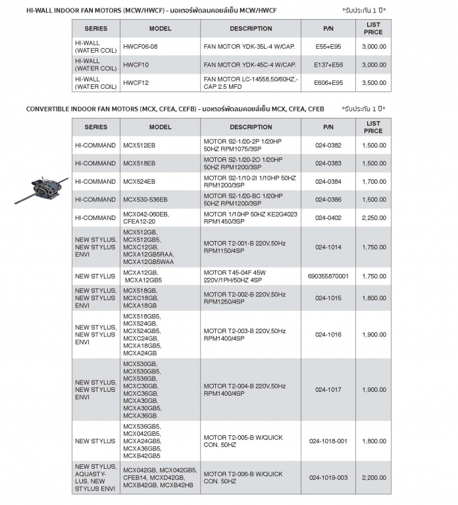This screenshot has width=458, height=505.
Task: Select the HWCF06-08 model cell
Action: (141, 47)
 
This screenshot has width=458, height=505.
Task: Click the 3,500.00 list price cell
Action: (373, 83)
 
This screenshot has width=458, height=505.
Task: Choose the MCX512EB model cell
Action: (139, 145)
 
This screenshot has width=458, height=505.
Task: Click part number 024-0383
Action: (328, 163)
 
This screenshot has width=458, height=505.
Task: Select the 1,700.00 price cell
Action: (373, 182)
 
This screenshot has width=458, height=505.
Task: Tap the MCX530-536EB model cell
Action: (145, 199)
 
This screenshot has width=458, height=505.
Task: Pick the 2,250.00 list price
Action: (373, 218)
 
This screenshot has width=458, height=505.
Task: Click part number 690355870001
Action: (328, 276)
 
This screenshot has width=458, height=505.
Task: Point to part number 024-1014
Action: (328, 247)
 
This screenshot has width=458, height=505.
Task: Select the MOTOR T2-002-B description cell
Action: (244, 298)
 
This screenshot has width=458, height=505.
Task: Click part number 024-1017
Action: (328, 389)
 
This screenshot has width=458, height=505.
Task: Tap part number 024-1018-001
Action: (328, 441)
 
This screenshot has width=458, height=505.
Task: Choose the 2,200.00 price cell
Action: (373, 477)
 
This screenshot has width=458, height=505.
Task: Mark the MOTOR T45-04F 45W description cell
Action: (238, 276)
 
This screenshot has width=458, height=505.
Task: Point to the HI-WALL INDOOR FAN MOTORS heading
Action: (151, 11)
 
